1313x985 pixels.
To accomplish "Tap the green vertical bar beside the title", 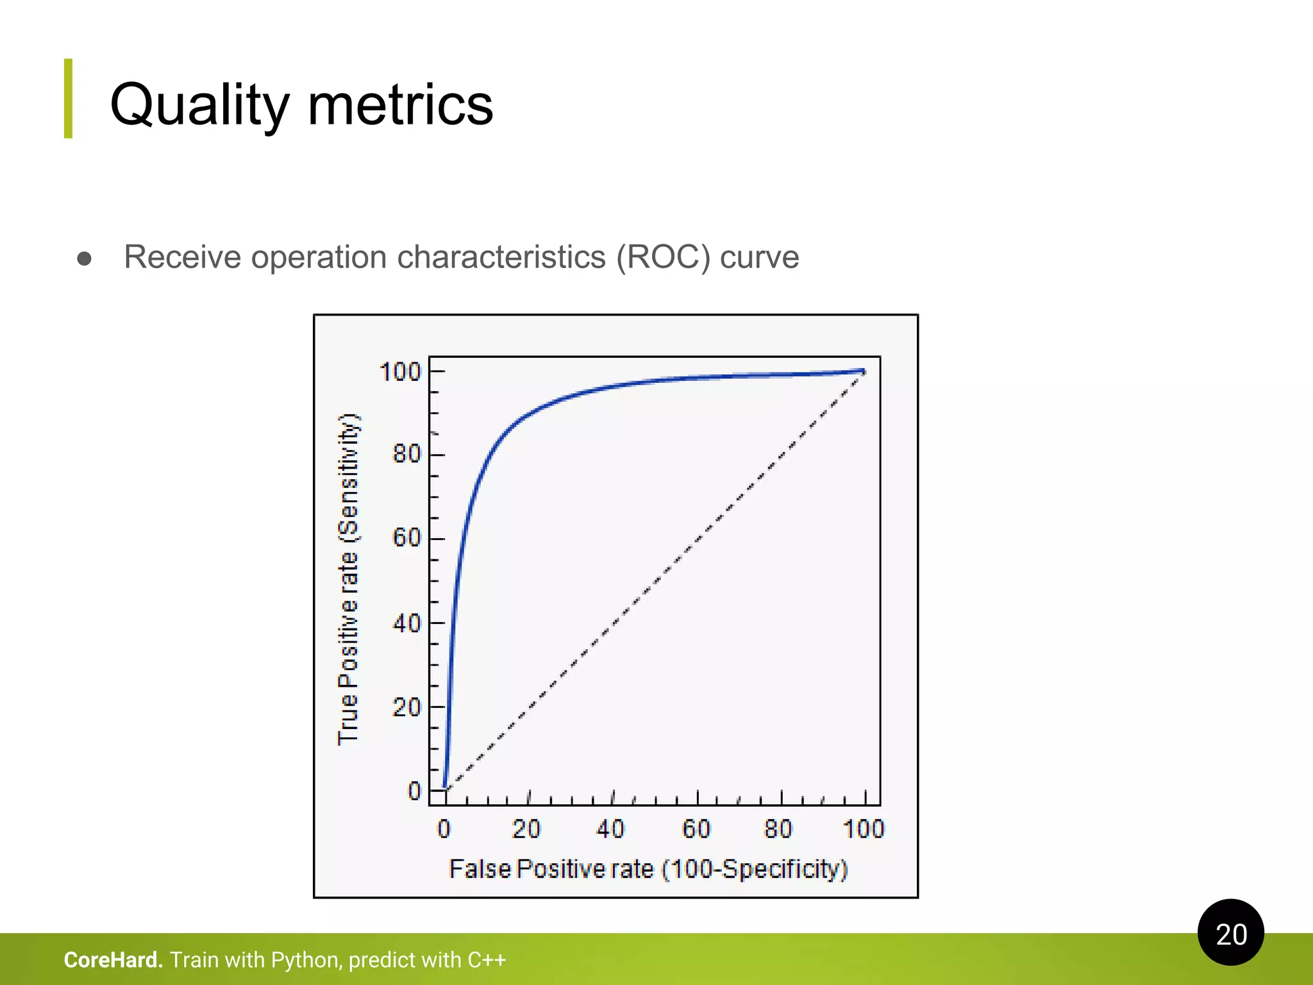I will [x=68, y=99].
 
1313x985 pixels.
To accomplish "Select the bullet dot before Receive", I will [x=84, y=258].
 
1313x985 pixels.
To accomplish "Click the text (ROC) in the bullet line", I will [x=663, y=257].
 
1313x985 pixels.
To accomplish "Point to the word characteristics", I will [x=501, y=257].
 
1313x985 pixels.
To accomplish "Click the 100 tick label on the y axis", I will [x=400, y=372].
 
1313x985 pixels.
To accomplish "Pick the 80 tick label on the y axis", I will [x=406, y=454].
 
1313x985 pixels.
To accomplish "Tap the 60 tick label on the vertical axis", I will [x=406, y=537].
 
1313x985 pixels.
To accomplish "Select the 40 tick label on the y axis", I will [x=406, y=623].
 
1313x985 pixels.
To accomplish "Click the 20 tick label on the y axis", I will [x=406, y=707].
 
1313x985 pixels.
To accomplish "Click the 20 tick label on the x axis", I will [x=526, y=829].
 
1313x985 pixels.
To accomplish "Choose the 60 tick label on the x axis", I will [x=696, y=829].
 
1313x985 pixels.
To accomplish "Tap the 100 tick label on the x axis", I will [x=864, y=829].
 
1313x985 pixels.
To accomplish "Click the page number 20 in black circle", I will [x=1231, y=934].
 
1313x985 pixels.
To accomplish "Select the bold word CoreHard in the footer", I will [x=113, y=960].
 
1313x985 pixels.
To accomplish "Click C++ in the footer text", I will [x=487, y=960].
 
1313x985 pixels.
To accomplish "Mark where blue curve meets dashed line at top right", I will [x=863, y=371].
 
